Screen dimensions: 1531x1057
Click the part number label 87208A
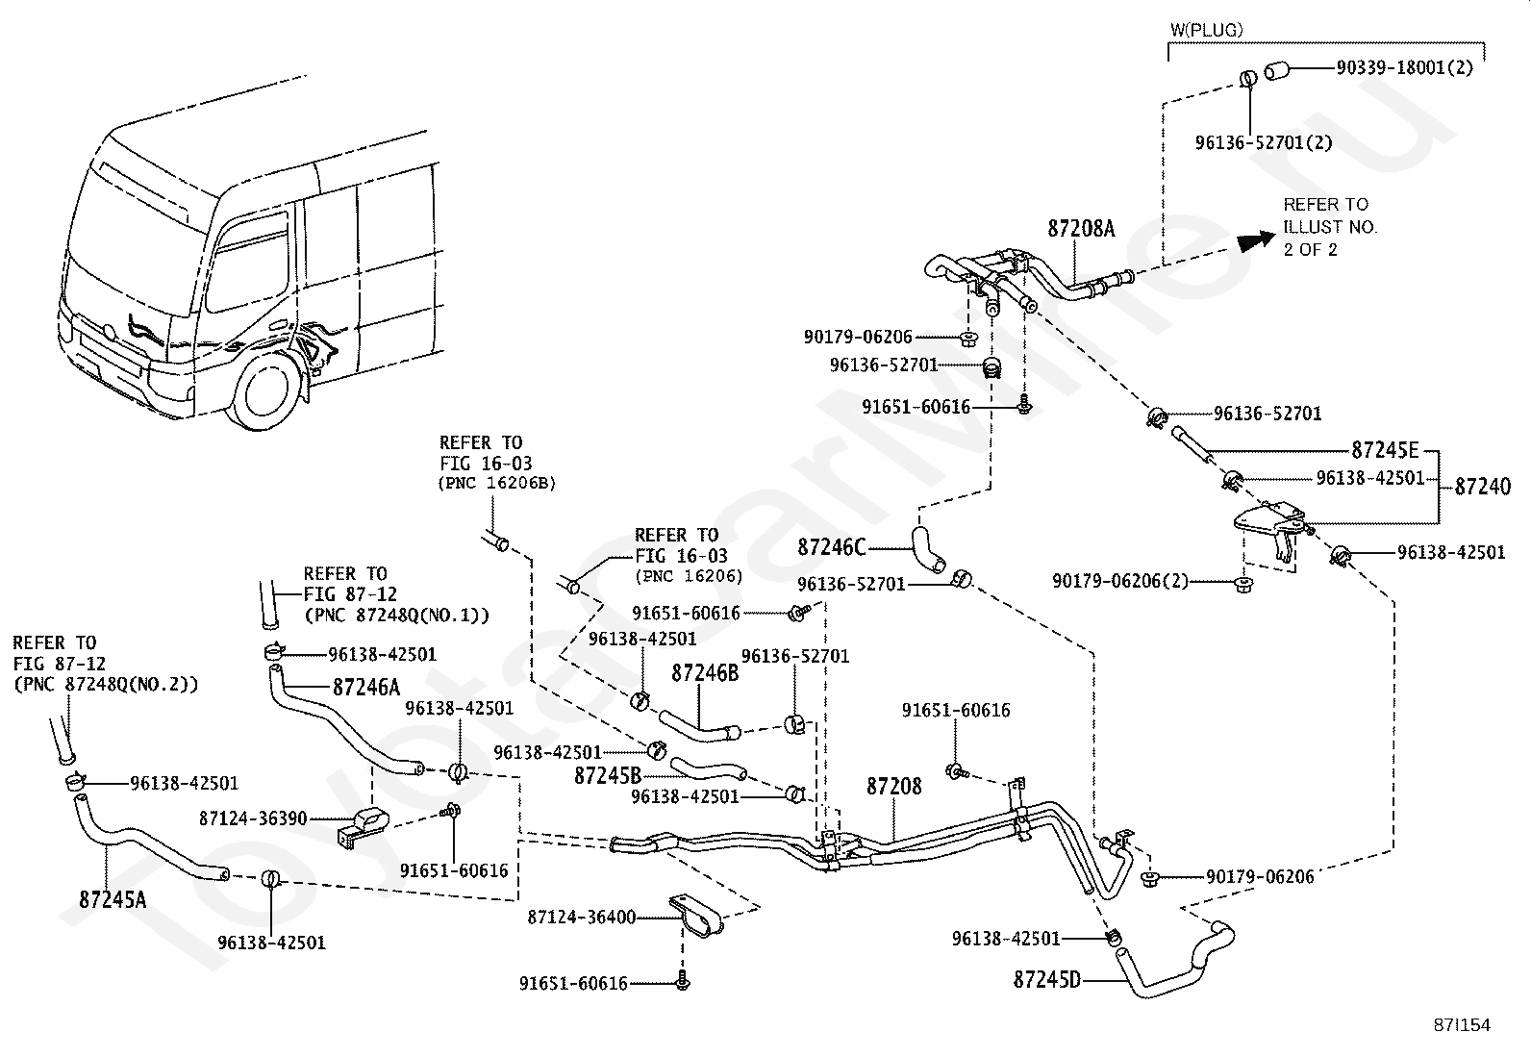click(x=1081, y=229)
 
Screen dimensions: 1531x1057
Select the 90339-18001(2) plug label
click(x=1405, y=67)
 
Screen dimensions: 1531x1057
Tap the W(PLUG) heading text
click(x=1206, y=30)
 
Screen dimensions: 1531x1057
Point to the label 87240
click(x=1483, y=486)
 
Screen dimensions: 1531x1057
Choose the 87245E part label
click(x=1385, y=450)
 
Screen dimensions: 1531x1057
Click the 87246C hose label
click(x=832, y=547)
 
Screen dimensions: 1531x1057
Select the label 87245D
click(x=1047, y=980)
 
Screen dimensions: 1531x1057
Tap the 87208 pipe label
click(x=894, y=786)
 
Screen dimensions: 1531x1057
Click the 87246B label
click(x=705, y=672)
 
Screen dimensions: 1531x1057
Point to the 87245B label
click(x=608, y=775)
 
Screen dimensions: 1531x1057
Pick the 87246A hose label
click(x=366, y=687)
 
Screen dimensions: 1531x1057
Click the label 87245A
click(x=113, y=899)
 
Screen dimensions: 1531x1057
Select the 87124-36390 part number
click(x=253, y=818)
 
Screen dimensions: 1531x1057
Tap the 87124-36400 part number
click(x=582, y=917)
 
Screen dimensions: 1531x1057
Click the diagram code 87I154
click(x=1462, y=1025)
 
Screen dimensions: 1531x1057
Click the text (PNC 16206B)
click(x=497, y=483)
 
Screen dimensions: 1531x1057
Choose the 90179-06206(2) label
click(x=1120, y=581)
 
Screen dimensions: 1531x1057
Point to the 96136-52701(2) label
click(x=1264, y=143)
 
